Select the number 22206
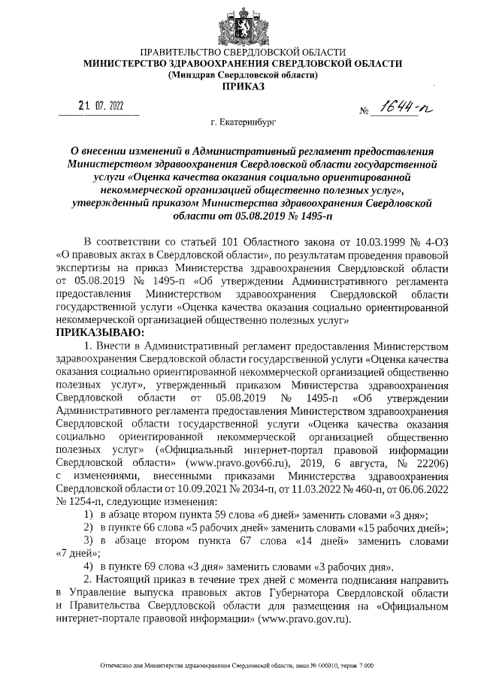(x=431, y=462)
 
